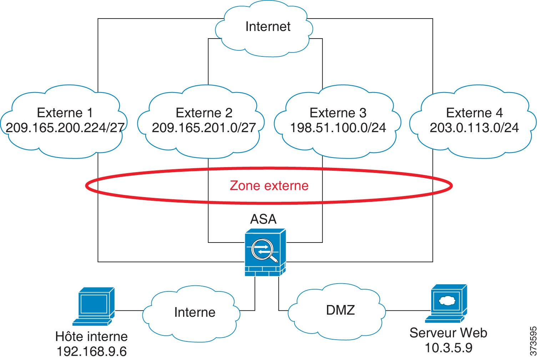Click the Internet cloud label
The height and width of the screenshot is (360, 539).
(268, 27)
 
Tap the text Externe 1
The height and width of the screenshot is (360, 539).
(65, 113)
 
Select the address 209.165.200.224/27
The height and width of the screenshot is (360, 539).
(65, 128)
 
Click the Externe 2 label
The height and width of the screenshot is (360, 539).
(204, 113)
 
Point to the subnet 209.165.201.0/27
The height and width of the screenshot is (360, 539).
(204, 128)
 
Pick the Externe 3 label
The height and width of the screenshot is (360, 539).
(338, 113)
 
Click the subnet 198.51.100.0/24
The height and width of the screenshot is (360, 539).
(338, 128)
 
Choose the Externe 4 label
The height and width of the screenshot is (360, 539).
(474, 113)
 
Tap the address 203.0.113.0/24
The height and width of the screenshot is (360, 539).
(474, 128)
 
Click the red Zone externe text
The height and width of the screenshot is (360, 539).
(269, 186)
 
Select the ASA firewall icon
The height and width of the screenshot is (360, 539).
(265, 252)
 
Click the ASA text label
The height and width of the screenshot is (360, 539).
(263, 219)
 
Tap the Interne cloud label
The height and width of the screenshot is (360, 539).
(195, 312)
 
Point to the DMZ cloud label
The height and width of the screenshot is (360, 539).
(340, 310)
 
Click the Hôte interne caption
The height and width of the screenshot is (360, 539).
(91, 336)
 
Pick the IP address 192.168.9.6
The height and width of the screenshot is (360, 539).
(91, 351)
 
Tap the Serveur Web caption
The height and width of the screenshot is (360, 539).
(448, 333)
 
